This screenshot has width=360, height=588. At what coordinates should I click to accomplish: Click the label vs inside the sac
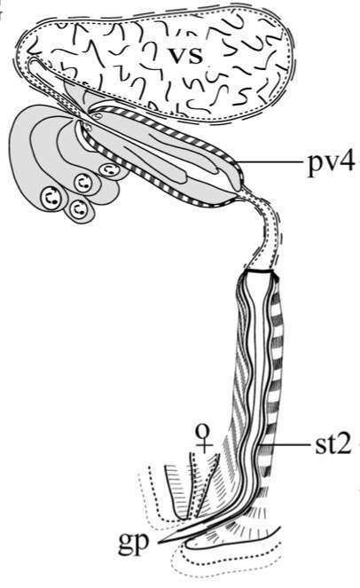(185, 55)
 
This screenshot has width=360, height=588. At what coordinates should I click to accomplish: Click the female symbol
(204, 437)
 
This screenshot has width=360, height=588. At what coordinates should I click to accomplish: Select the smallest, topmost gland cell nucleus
(109, 170)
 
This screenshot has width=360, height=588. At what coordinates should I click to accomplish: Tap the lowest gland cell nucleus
(78, 208)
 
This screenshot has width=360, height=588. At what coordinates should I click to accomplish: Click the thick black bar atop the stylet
(257, 271)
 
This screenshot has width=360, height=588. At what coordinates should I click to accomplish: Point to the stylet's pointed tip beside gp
(160, 542)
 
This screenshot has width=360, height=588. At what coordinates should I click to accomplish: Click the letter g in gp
(126, 545)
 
